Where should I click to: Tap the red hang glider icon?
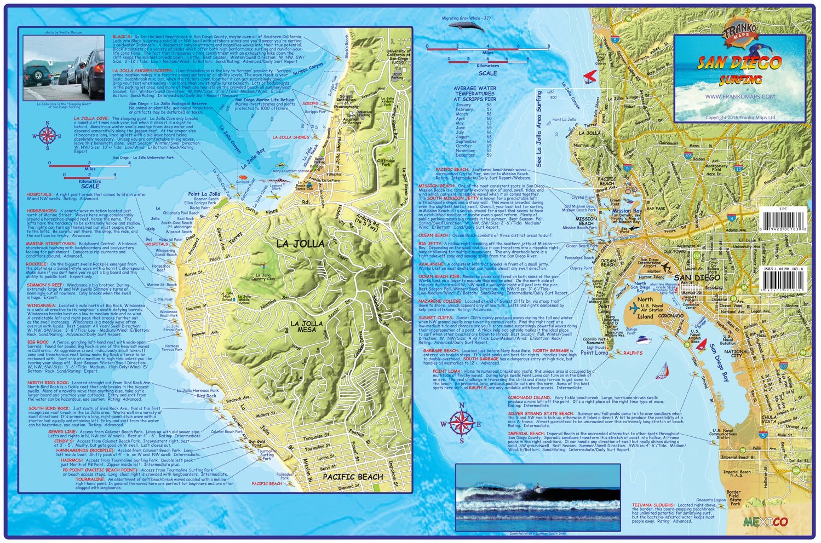[589, 75]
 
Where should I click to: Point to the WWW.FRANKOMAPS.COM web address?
[739, 96]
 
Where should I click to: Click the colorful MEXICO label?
[765, 522]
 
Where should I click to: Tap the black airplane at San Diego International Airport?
[667, 268]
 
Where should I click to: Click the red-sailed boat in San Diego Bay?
[701, 345]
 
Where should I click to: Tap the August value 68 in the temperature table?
[489, 137]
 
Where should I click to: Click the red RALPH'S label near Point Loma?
[633, 353]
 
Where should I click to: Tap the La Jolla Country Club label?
[263, 277]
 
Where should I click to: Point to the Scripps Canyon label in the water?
[308, 71]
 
